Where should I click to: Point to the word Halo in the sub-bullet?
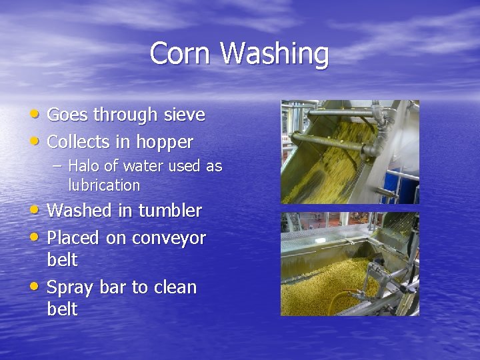click(x=83, y=165)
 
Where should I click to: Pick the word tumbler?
click(x=169, y=211)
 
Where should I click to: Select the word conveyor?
click(x=171, y=238)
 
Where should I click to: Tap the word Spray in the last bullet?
click(x=72, y=288)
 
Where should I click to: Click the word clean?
click(x=175, y=287)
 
